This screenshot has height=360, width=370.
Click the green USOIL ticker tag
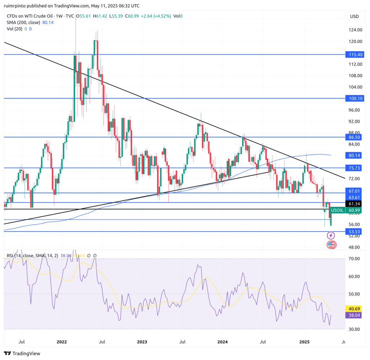(x=337, y=210)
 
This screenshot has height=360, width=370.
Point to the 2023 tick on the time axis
(x=142, y=342)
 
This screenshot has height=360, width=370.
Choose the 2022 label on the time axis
(x=62, y=342)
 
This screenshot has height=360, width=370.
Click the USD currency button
(x=355, y=17)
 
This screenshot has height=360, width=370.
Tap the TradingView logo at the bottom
(x=22, y=354)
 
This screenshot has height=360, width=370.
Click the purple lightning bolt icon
(x=331, y=235)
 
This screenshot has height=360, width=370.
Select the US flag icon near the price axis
(x=331, y=245)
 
